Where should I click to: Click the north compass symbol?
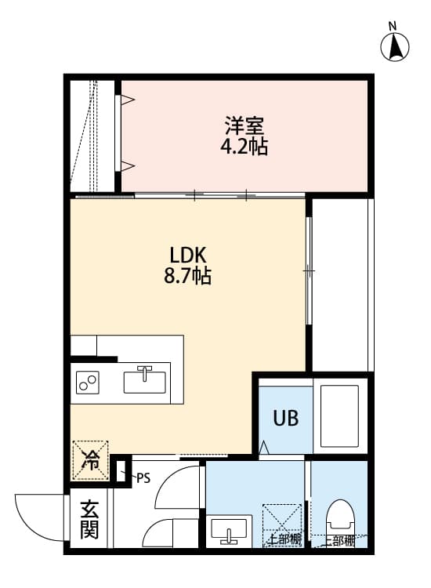397,46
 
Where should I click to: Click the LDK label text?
187,256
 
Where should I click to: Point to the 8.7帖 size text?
187,277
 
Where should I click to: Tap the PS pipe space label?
142,477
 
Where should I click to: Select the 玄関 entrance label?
89,521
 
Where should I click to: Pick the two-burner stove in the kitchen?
88,383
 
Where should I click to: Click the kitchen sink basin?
144,383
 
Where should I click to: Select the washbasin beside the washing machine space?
230,531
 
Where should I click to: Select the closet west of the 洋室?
92,135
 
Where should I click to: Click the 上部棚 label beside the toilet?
339,540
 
